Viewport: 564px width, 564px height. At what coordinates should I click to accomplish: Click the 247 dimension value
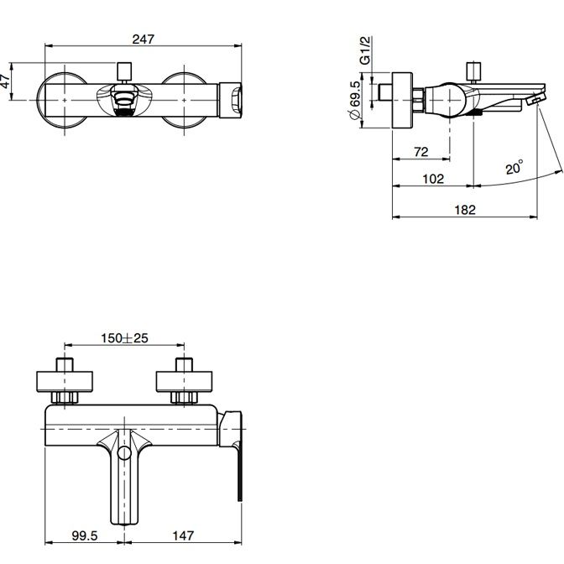click(144, 39)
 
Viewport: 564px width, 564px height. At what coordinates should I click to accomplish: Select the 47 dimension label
click(5, 81)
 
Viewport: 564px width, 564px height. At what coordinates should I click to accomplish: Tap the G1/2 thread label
click(365, 50)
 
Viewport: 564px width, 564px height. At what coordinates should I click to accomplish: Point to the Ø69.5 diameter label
click(355, 101)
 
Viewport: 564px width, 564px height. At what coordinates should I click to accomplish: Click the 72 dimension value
click(420, 152)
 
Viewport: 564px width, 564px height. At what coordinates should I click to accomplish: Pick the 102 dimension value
click(433, 179)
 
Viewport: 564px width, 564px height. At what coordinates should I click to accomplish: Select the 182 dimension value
click(465, 209)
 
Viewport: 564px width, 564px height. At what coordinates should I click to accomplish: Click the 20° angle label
click(514, 167)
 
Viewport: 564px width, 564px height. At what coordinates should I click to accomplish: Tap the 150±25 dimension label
click(124, 338)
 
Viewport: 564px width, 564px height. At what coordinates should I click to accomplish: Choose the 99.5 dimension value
click(85, 535)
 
